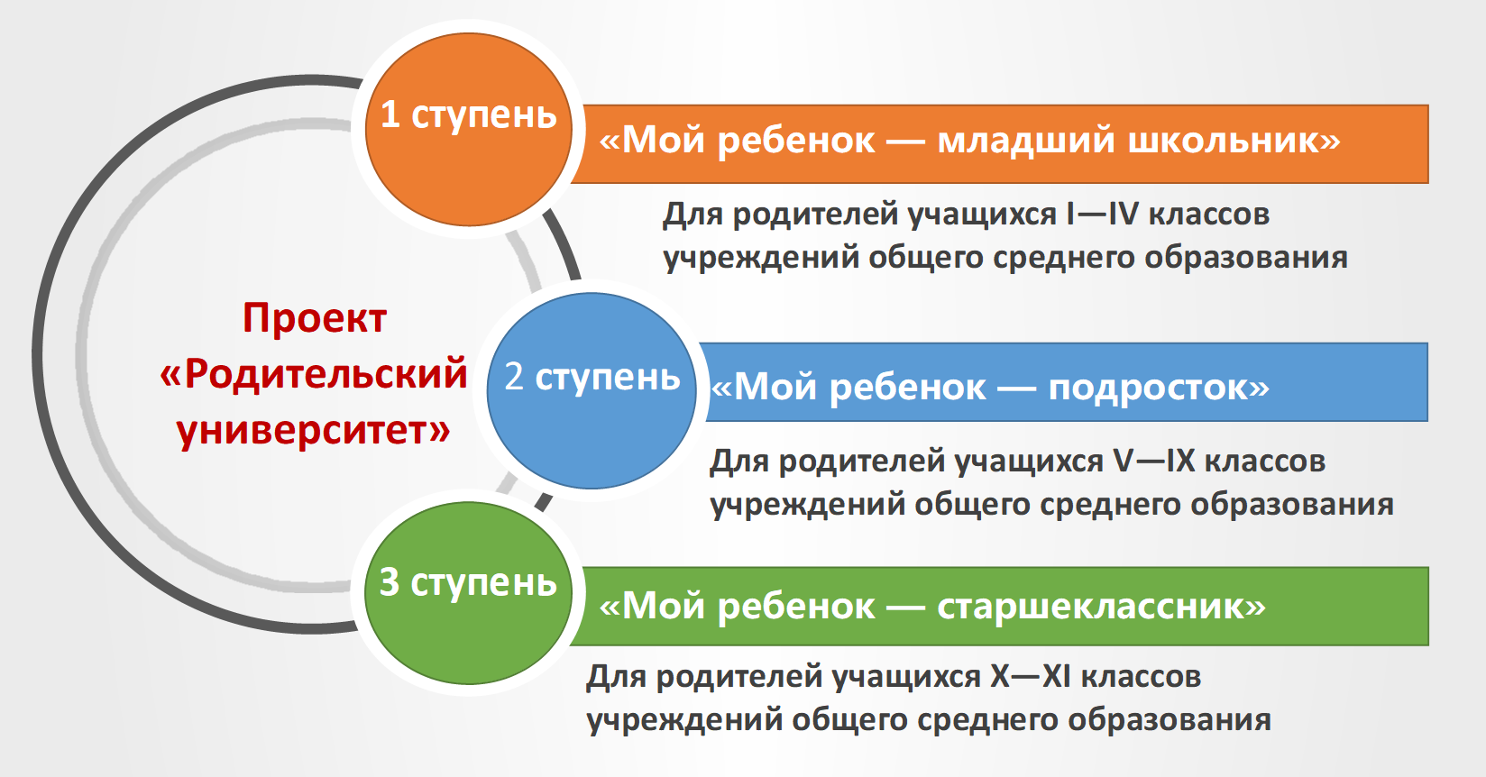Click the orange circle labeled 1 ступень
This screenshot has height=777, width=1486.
(468, 129)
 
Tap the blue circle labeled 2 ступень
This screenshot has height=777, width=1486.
(592, 390)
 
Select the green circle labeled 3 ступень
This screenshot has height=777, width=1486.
(468, 593)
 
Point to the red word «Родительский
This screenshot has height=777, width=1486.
(314, 374)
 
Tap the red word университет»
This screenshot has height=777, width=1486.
(313, 431)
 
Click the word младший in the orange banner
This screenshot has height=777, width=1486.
(1025, 142)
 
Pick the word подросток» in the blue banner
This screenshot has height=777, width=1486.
(1159, 388)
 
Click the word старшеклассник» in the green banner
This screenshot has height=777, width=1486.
(1101, 606)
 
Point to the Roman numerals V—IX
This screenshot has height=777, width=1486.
(1154, 461)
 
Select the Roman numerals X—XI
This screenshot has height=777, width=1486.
(1031, 677)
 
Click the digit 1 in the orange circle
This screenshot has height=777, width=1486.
(390, 114)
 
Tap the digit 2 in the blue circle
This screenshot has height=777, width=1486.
(514, 377)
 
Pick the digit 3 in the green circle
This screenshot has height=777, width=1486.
(390, 582)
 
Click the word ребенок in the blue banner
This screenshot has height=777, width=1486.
(907, 388)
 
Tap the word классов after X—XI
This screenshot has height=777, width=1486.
(1141, 677)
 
